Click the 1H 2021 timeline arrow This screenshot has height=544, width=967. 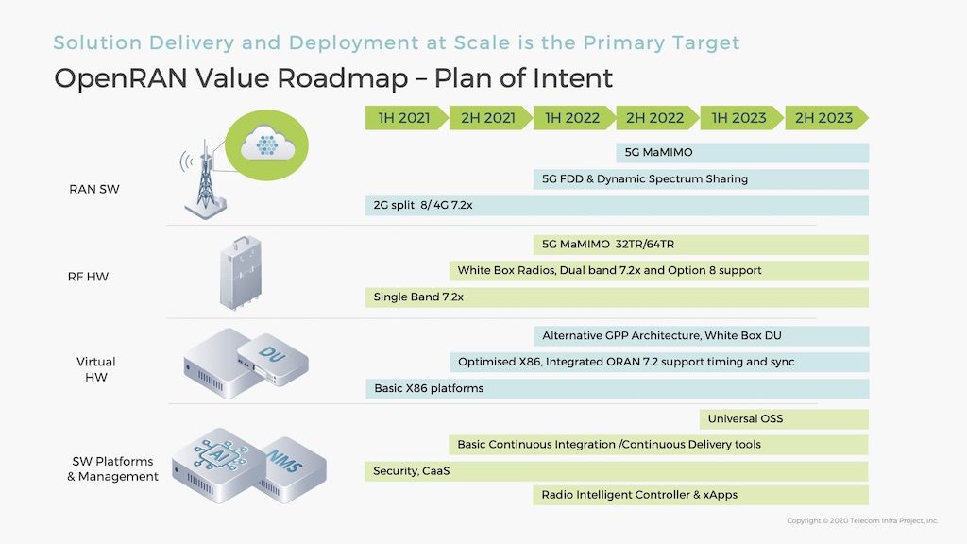[406, 118]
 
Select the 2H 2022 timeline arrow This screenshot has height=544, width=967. [656, 118]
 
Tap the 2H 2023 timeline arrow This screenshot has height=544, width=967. [825, 118]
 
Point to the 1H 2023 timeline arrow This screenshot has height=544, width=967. [740, 118]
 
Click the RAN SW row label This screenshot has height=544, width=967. [94, 189]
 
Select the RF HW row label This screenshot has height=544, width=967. [88, 277]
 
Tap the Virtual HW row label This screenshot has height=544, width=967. [96, 369]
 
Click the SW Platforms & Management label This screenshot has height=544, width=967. [113, 468]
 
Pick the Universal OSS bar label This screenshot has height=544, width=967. [745, 418]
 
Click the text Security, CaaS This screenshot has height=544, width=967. [412, 471]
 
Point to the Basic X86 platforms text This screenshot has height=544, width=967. [429, 388]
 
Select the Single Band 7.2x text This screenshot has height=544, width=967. [418, 297]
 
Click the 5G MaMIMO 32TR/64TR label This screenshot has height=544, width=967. [608, 245]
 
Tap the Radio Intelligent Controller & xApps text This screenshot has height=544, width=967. [639, 495]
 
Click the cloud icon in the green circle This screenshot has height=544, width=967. [267, 144]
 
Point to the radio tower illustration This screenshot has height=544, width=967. [205, 179]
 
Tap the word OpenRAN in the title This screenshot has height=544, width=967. [121, 79]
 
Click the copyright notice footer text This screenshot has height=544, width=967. [862, 521]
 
